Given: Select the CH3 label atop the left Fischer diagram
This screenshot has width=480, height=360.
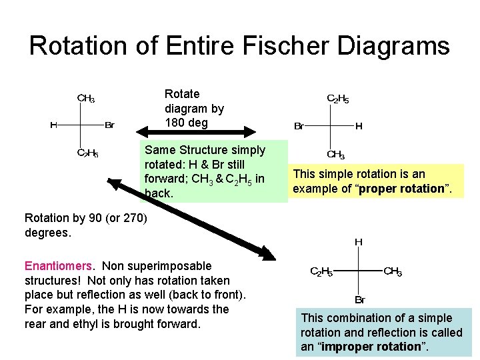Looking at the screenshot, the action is [86, 99].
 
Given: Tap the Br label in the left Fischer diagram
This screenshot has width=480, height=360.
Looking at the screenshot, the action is [110, 125].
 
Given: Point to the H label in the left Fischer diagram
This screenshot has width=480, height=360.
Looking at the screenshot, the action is [53, 125].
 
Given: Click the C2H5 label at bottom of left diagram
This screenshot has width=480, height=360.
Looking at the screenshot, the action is [87, 153].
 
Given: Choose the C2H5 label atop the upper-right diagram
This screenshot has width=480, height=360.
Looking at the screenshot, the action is [337, 99].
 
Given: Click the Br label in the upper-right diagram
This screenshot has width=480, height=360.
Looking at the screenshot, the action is [299, 126].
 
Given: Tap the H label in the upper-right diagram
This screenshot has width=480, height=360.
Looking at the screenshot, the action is [359, 125].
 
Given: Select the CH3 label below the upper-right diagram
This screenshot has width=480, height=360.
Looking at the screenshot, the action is [335, 155].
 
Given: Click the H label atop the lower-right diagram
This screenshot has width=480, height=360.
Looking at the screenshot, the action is [359, 242].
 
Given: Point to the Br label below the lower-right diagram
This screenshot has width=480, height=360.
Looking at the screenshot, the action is [359, 300].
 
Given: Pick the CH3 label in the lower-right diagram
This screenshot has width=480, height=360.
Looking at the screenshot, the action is [392, 271].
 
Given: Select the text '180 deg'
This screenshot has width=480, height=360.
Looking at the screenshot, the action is [187, 123].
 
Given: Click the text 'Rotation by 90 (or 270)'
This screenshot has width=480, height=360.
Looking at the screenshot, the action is [85, 217].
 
